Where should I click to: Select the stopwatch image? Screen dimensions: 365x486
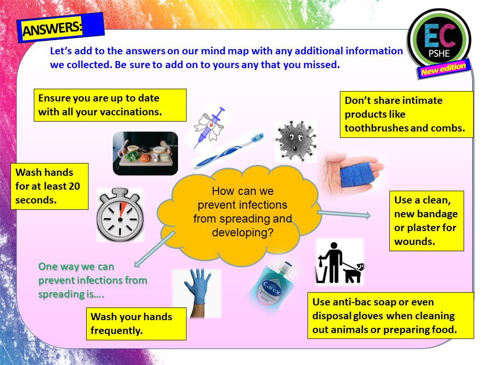pyautogui.click(x=120, y=214)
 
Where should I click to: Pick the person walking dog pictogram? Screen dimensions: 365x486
pyautogui.click(x=339, y=263)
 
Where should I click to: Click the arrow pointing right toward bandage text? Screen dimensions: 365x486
pyautogui.click(x=343, y=214)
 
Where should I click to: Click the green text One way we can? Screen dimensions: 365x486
pyautogui.click(x=76, y=266)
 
